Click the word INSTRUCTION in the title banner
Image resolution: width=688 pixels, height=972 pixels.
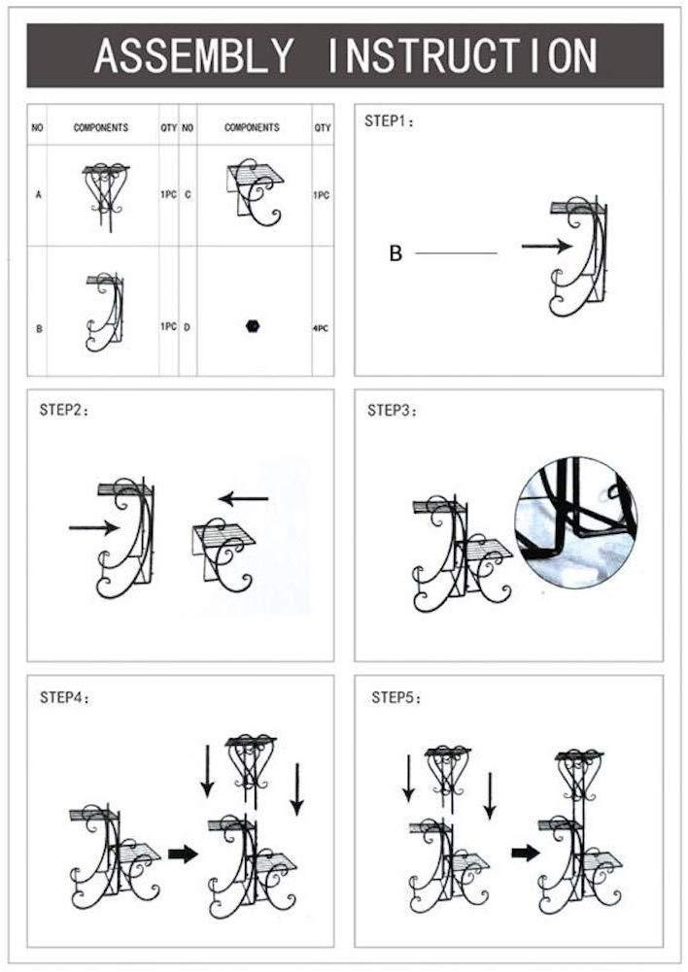462,55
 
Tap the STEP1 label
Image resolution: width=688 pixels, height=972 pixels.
389,120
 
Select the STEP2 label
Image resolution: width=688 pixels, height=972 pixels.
64,410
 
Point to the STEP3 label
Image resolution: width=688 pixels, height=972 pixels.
392,410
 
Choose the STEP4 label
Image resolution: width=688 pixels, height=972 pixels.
65,697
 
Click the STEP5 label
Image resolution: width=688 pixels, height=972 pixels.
396,697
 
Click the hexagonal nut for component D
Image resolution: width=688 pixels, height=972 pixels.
252,326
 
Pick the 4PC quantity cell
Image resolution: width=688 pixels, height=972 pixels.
321,328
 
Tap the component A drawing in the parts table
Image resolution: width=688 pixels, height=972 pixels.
106,196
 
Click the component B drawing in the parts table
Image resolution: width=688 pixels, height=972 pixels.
105,311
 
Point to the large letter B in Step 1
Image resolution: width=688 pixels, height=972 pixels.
396,253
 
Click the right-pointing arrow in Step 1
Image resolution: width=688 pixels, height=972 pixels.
546,246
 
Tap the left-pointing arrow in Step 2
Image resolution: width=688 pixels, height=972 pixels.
243,498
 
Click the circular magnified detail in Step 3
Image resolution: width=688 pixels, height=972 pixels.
576,522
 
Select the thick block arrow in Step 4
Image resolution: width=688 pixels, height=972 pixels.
183,854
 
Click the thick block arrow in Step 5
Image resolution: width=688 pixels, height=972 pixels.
526,854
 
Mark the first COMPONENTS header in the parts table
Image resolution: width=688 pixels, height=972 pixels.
101,128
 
